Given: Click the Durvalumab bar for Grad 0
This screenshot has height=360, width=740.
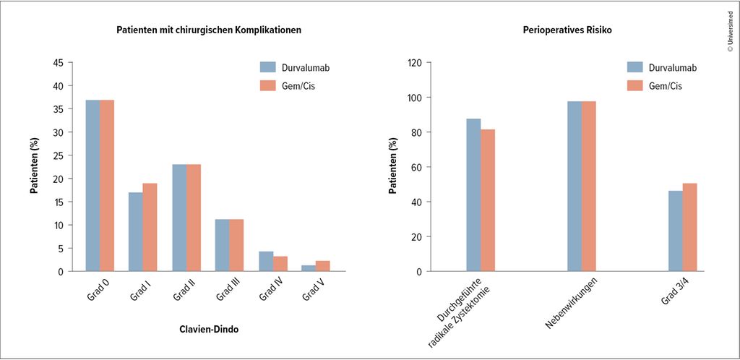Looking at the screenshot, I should coord(92,186).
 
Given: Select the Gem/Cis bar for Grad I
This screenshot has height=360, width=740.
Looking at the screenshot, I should coord(150,228).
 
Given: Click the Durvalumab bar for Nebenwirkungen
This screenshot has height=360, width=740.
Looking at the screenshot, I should coord(575,187).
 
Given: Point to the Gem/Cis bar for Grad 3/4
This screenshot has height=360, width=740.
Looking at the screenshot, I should coord(690,228).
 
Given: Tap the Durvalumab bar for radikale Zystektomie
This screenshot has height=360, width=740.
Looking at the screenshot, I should coord(473,195).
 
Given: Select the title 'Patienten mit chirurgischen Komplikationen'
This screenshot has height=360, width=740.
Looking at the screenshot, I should coord(209,30).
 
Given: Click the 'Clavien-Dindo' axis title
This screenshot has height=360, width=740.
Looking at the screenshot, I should coord(209,329).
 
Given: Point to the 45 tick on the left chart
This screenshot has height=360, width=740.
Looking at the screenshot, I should coord(59,63).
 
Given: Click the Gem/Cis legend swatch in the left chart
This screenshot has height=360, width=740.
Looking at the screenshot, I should coord(268,85).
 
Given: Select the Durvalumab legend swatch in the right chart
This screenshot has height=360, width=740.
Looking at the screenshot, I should coord(635,67).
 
